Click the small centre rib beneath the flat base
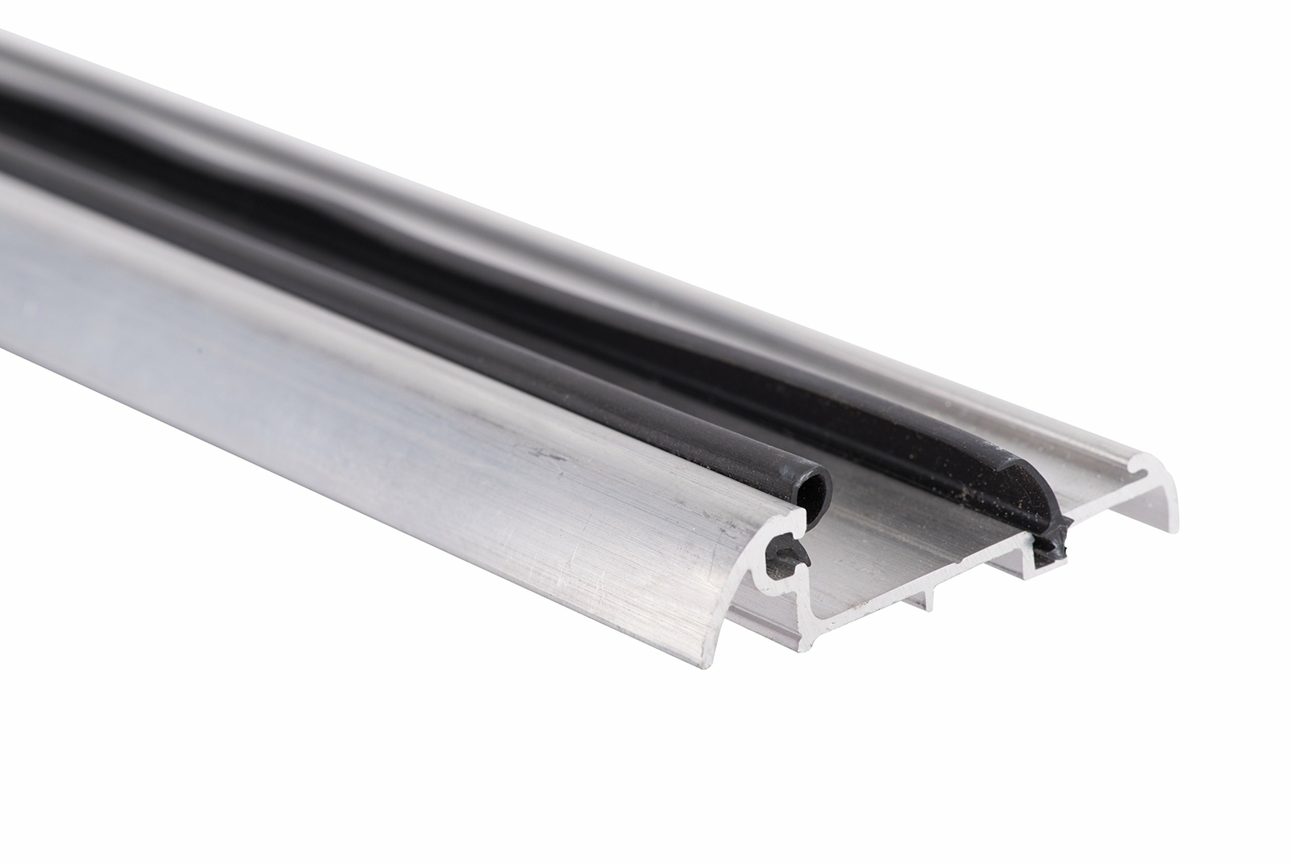click(x=924, y=597)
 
